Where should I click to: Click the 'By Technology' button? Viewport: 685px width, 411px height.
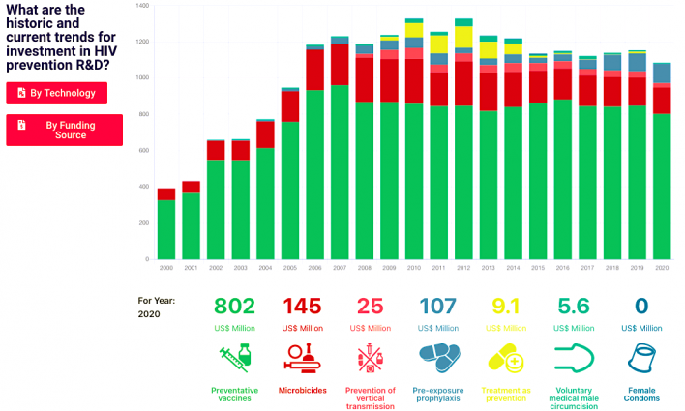point(56,93)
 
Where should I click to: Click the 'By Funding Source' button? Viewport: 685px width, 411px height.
point(64,130)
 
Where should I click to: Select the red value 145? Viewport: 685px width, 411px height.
point(302,307)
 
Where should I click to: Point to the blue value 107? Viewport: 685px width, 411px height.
point(439,307)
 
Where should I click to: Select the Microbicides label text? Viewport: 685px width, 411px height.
point(302,391)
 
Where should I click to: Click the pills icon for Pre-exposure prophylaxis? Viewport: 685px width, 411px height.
point(439,359)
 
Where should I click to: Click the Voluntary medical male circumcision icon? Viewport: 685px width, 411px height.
point(577,359)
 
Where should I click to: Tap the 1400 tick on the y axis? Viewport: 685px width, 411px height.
point(142,6)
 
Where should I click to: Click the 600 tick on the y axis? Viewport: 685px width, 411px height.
point(142,151)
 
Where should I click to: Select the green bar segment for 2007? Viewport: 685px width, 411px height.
point(340,174)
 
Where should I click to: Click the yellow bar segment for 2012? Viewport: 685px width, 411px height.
point(463,36)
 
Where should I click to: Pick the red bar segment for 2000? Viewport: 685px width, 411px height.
point(166,193)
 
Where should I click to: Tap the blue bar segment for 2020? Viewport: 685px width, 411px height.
point(662,73)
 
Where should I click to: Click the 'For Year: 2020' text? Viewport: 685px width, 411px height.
point(156,307)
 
